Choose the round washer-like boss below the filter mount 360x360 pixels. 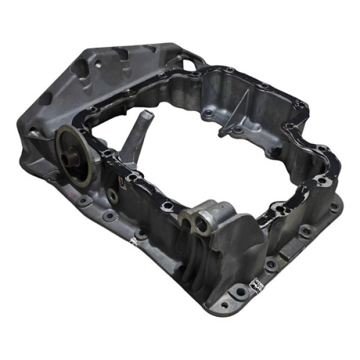click(112, 195)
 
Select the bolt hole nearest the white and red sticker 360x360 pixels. click(241, 292)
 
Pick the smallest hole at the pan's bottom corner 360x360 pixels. click(222, 306)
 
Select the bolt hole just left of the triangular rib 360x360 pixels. click(208, 113)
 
